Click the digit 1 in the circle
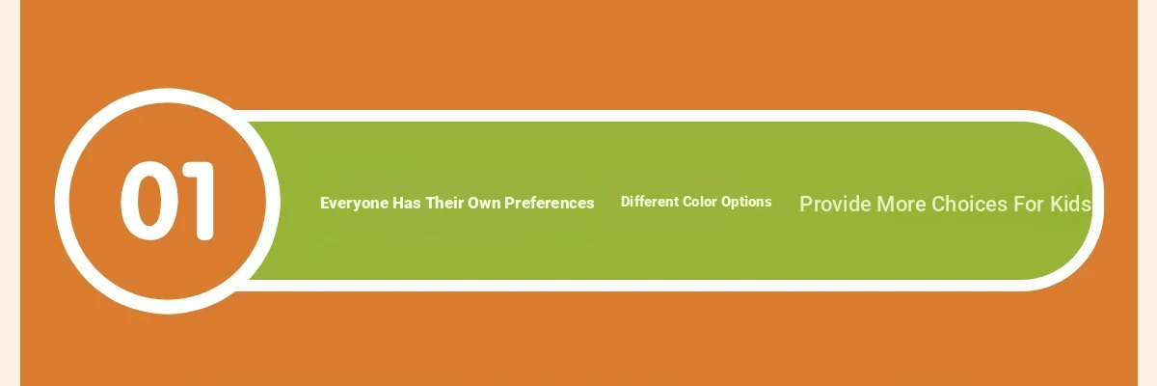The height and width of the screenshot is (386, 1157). coord(200,201)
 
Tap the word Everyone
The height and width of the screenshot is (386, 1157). coord(355,204)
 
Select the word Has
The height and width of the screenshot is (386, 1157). coord(407,203)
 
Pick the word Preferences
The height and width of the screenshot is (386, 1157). coord(549,203)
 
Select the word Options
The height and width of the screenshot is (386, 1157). coord(746,202)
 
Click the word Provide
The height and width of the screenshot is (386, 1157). coord(836,205)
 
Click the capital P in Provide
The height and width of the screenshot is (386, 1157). coord(806,205)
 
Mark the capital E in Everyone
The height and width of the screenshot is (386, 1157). coord(325,203)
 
